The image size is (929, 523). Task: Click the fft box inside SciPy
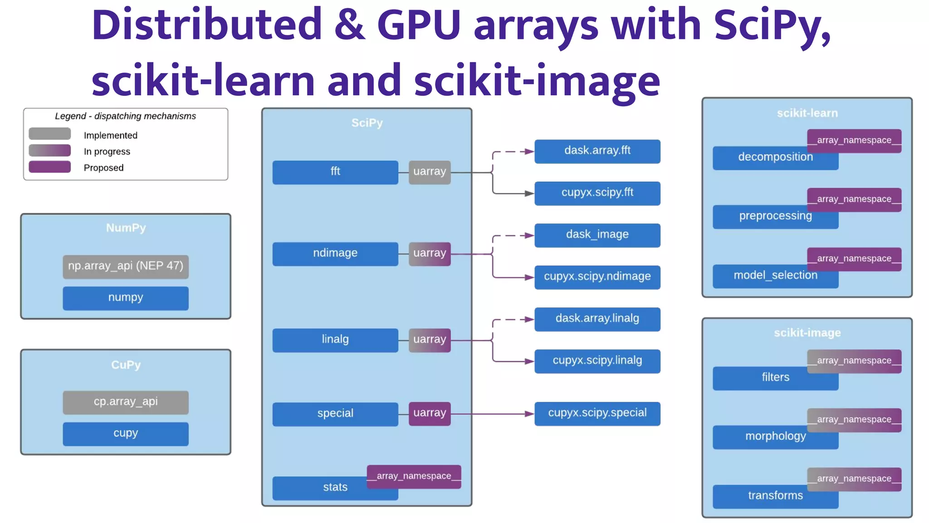tap(335, 172)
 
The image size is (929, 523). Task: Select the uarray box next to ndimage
tap(429, 253)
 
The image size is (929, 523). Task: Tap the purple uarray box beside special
tap(429, 413)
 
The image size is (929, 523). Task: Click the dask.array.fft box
tap(597, 151)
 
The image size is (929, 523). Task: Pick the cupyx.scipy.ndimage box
tap(597, 277)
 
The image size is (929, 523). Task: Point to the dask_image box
tap(597, 235)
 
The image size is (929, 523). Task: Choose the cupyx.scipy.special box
tap(597, 413)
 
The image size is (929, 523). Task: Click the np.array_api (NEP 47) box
tap(126, 266)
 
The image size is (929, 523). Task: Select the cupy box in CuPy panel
tap(126, 434)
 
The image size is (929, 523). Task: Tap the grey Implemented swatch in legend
tap(49, 134)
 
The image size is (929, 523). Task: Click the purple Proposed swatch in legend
tap(49, 167)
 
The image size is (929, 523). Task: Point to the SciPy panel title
tap(367, 123)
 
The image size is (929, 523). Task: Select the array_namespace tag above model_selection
tap(854, 259)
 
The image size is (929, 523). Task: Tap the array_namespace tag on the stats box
tap(414, 476)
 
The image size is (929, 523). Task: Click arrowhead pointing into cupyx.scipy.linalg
tap(529, 361)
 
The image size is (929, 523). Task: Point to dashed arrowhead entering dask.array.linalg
tap(529, 320)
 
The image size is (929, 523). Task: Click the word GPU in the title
tap(419, 25)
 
